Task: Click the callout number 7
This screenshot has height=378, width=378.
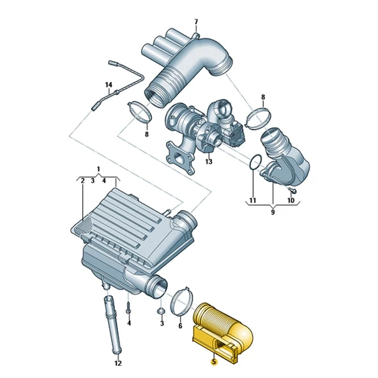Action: pos(196,22)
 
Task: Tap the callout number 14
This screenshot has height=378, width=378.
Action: pos(109,85)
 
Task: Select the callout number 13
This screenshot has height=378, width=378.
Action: pos(209,162)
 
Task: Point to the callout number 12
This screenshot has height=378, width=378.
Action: pos(118,363)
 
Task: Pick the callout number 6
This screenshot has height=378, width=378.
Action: pos(180,326)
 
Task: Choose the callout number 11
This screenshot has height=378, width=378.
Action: pos(252,200)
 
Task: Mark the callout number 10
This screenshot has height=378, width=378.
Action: pos(291,200)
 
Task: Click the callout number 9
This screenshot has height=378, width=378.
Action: pos(273,212)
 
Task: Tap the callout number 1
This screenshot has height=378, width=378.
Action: pos(98,169)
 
